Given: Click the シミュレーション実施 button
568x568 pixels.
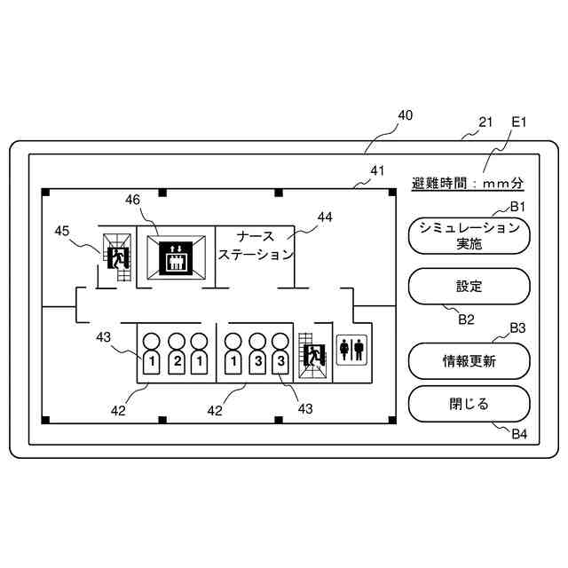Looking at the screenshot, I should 468,237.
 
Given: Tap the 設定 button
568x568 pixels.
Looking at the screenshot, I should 468,287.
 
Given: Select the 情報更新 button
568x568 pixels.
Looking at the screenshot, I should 468,360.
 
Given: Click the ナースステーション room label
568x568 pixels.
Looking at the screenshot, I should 256,245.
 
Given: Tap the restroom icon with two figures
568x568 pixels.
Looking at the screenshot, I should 351,350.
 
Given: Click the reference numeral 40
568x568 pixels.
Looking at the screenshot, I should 405,115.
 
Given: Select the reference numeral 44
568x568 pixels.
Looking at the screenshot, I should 325,216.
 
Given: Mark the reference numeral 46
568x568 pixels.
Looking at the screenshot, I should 132,201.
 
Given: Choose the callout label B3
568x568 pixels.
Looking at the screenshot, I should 518,328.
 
